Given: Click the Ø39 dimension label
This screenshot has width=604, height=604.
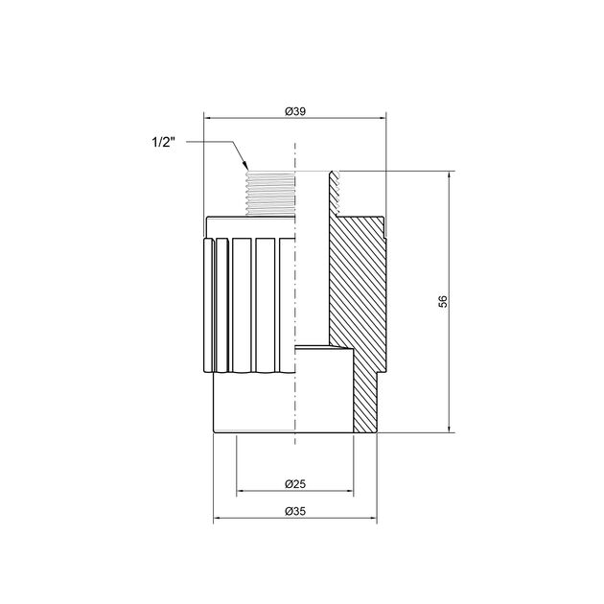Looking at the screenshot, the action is coord(295,111).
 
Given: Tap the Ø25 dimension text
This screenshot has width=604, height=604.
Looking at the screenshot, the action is coord(295,484).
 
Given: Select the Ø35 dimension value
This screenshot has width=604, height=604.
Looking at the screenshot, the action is coord(295,511).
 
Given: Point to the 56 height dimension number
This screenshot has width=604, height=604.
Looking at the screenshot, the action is coord(444,301).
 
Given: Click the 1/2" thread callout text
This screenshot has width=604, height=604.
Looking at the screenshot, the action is coord(163,142).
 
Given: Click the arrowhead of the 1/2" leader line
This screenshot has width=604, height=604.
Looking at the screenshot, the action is coord(245,166).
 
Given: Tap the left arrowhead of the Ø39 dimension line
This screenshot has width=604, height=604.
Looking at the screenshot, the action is coord(208,118).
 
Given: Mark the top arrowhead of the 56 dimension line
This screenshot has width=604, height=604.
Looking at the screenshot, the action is coord(449,176).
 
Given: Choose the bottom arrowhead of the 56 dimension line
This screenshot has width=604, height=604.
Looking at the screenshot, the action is coord(449,428).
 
